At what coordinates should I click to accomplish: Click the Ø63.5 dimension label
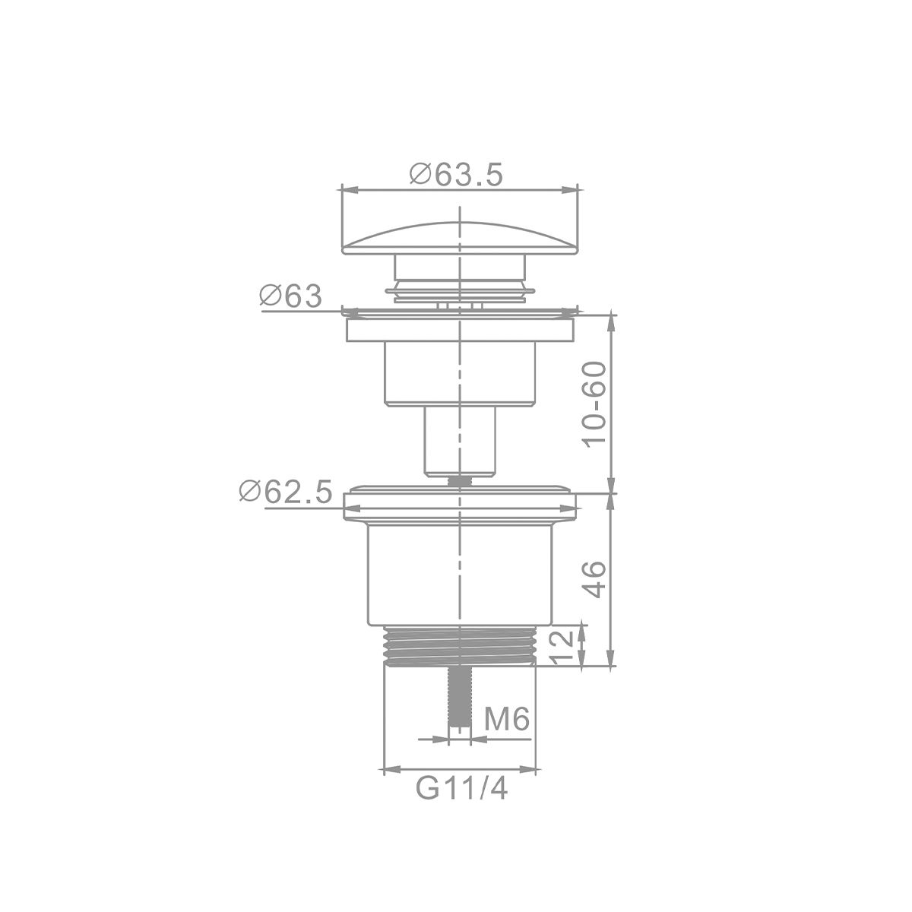pyautogui.click(x=455, y=175)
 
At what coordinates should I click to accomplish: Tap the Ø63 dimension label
pyautogui.click(x=290, y=296)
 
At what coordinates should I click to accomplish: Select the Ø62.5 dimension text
pyautogui.click(x=286, y=492)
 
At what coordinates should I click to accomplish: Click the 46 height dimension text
pyautogui.click(x=594, y=580)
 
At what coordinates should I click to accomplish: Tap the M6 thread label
pyautogui.click(x=506, y=720)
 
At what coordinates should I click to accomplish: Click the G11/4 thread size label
pyautogui.click(x=461, y=788)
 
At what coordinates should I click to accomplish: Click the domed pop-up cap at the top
pyautogui.click(x=460, y=239)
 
